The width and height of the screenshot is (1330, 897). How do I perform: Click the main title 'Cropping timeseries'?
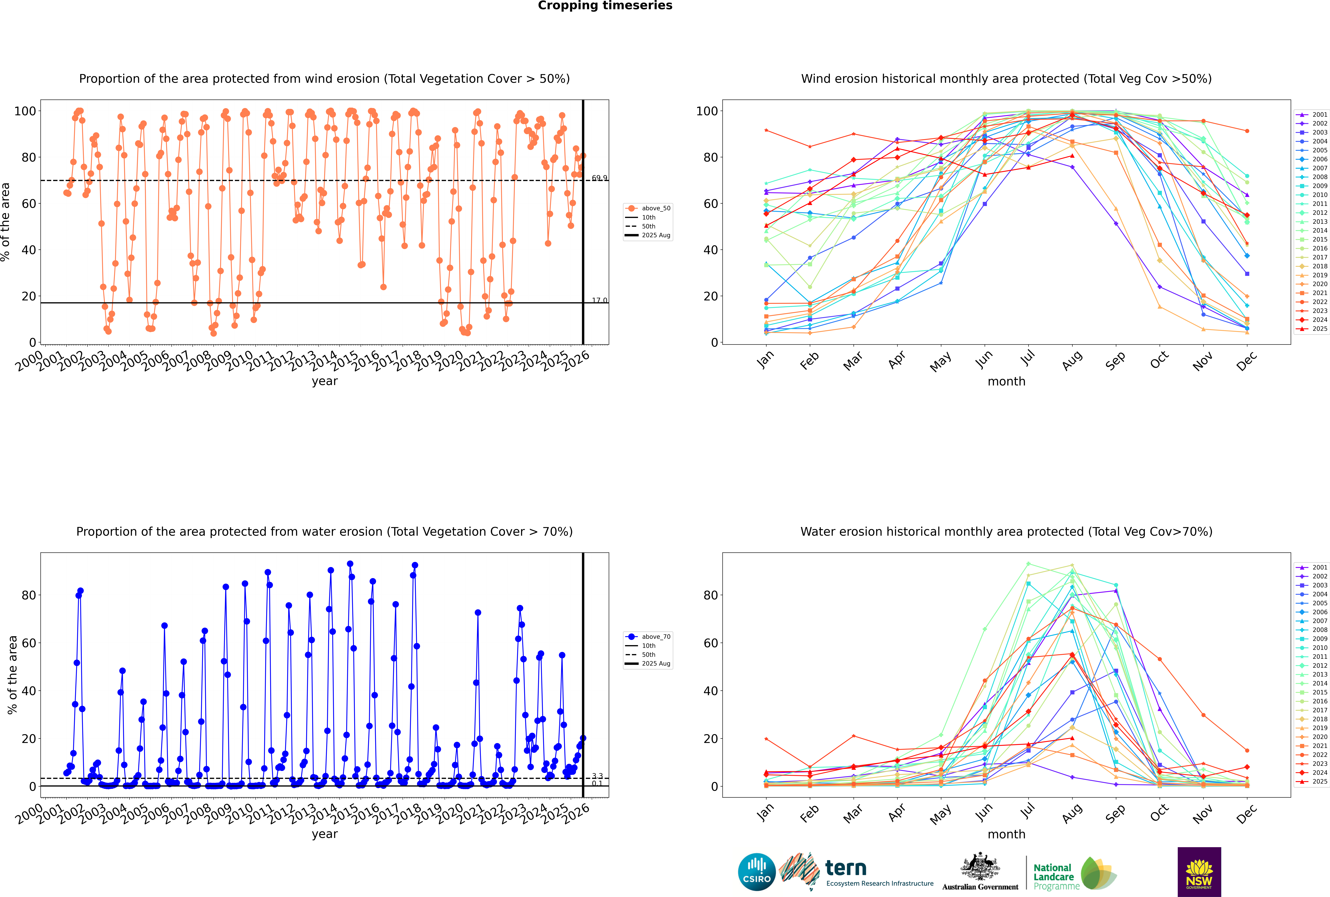605,6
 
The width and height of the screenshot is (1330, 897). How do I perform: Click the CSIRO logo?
756,872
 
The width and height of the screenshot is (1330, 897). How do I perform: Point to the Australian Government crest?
980,872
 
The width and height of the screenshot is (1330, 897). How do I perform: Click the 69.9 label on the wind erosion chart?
599,178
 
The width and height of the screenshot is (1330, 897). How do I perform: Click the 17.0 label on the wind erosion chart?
599,300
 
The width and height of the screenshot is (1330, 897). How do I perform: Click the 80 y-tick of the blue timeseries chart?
29,595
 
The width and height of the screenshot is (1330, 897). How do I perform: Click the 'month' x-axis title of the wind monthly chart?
1006,382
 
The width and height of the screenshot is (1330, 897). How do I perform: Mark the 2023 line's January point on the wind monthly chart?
766,130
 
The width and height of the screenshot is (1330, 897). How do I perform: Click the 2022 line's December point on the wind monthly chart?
1247,131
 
